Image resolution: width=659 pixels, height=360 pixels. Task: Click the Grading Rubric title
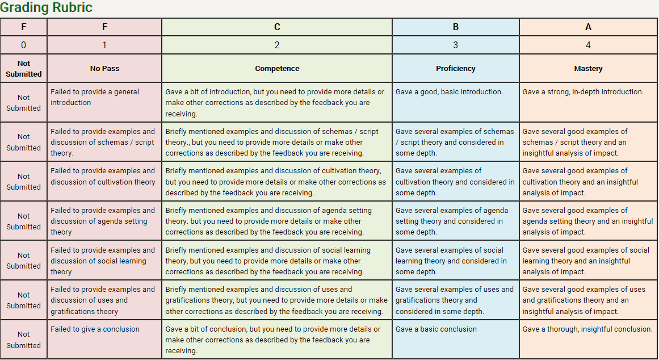pos(47,8)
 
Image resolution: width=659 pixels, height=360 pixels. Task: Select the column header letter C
pos(277,27)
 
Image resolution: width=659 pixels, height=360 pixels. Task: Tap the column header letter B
pos(455,27)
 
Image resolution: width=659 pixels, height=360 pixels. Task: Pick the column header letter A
pos(588,27)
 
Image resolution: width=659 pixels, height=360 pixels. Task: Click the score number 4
pos(588,45)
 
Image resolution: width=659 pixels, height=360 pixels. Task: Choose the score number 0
pos(23,45)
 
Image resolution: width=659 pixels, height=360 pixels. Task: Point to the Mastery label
pos(588,68)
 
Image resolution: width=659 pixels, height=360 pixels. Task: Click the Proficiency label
pos(455,68)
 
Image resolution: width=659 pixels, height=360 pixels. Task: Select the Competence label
pos(277,68)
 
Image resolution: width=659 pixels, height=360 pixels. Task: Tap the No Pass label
pos(104,68)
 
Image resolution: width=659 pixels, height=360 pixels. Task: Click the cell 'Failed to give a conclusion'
pos(95,329)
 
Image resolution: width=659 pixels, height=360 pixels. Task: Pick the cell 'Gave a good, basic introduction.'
pos(449,91)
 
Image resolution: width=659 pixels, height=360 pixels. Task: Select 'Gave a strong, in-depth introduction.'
pos(583,91)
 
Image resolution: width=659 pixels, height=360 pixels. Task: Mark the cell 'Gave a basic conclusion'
pos(436,329)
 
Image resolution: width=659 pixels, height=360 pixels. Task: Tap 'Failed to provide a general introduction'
pos(95,97)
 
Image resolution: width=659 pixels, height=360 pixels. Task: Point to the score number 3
pos(455,45)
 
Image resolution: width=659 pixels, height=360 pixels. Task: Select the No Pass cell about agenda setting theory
pos(102,221)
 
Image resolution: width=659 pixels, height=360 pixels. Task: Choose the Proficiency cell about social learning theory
pos(451,261)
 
